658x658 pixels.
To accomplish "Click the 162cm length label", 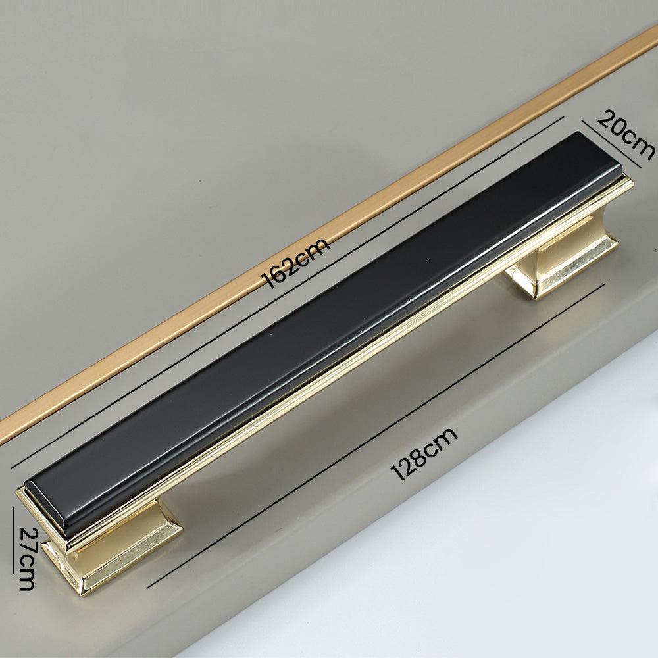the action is [x=295, y=263].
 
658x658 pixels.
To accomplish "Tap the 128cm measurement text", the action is [x=424, y=454].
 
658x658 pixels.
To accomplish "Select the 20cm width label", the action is [x=626, y=135].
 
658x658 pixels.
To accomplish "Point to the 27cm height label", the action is [x=27, y=559].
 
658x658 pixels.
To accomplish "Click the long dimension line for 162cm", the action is [x=287, y=293].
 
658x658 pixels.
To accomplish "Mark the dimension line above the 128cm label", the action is [x=376, y=436].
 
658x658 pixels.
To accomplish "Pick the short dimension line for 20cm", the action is [x=611, y=144].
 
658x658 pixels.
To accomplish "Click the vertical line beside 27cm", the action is [x=13, y=541].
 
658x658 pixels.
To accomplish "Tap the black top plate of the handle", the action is [x=323, y=336].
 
